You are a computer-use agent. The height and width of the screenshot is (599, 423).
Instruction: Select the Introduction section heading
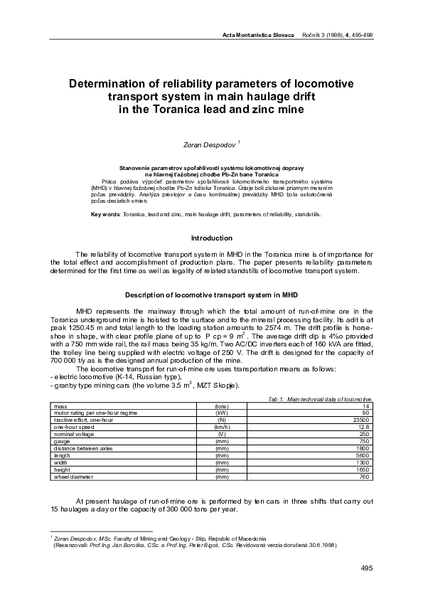click(212, 238)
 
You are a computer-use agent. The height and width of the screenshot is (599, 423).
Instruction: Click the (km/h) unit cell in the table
click(222, 405)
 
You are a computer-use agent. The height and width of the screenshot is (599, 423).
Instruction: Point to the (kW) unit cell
click(222, 392)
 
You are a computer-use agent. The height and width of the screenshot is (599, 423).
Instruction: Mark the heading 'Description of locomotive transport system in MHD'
click(211, 294)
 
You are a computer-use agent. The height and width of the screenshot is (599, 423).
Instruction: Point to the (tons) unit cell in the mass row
click(222, 386)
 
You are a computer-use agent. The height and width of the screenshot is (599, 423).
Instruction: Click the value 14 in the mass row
click(368, 386)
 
